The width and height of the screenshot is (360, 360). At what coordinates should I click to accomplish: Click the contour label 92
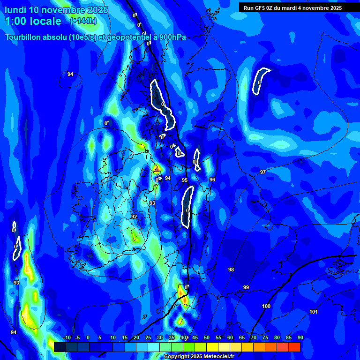pyautogui.click(x=134, y=217)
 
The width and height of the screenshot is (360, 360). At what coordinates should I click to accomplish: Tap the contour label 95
pyautogui.click(x=185, y=180)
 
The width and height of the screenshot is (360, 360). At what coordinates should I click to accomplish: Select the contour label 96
pyautogui.click(x=212, y=180)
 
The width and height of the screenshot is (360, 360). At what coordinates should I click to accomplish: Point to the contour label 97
pyautogui.click(x=263, y=172)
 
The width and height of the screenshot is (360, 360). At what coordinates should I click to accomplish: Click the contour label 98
pyautogui.click(x=231, y=270)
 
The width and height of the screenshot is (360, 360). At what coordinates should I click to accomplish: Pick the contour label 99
pyautogui.click(x=246, y=287)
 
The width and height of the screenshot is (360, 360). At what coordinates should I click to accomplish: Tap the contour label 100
pyautogui.click(x=266, y=306)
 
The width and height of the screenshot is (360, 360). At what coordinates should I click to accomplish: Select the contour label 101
pyautogui.click(x=314, y=312)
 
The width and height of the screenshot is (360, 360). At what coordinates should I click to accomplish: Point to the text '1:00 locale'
pyautogui.click(x=33, y=21)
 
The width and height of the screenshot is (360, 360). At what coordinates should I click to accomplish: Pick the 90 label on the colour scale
pyautogui.click(x=300, y=338)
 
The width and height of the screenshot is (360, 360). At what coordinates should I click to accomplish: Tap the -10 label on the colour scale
pyautogui.click(x=66, y=338)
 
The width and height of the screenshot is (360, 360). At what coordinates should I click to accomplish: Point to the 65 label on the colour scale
pyautogui.click(x=242, y=338)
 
